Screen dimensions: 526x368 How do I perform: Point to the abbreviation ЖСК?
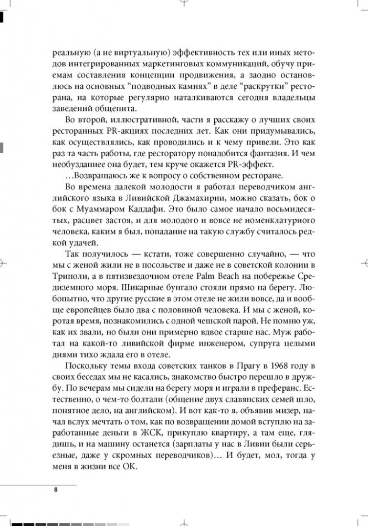coord(145,433)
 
